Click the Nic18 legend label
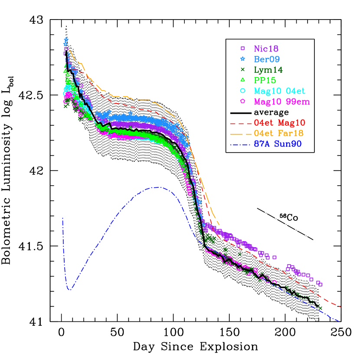(x=266, y=49)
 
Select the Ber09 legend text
(x=266, y=59)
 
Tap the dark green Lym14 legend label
(x=268, y=70)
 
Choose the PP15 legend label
(x=265, y=80)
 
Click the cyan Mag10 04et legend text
(x=279, y=91)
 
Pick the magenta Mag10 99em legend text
(x=281, y=102)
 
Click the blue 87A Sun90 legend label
(x=278, y=144)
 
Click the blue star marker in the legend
(x=243, y=59)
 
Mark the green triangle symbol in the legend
(x=243, y=80)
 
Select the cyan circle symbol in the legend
(x=243, y=91)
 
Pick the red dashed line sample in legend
(x=240, y=124)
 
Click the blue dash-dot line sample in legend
(x=240, y=144)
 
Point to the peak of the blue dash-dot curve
(x=157, y=187)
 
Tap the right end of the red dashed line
(x=341, y=307)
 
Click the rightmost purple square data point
(x=320, y=285)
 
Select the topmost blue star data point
(x=66, y=39)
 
